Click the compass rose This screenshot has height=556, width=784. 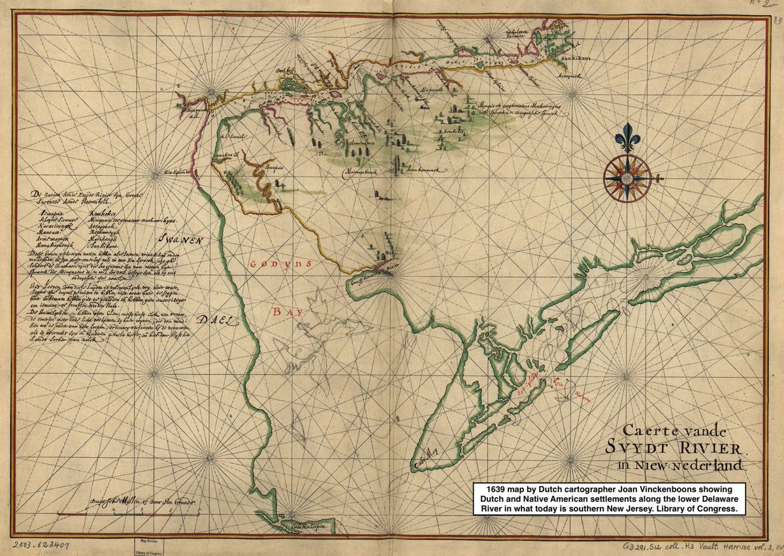(x=627, y=177)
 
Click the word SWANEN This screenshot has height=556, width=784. (x=185, y=240)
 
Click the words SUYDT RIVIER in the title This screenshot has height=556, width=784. (x=681, y=450)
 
